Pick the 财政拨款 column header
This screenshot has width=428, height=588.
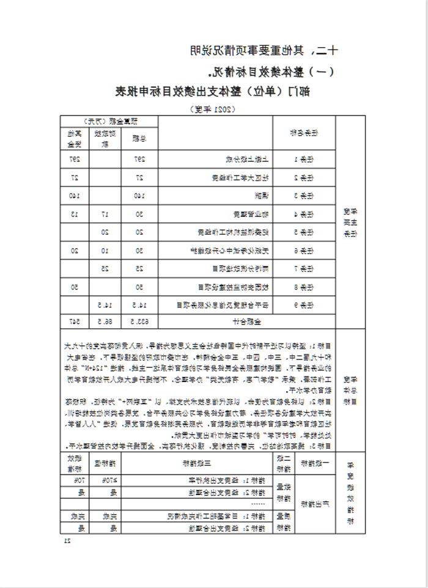[x=104, y=138]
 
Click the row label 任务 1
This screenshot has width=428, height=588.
[x=304, y=159]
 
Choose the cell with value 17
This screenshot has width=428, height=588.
[x=105, y=214]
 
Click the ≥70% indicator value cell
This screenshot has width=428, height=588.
[x=105, y=480]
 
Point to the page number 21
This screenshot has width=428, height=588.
[x=68, y=540]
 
